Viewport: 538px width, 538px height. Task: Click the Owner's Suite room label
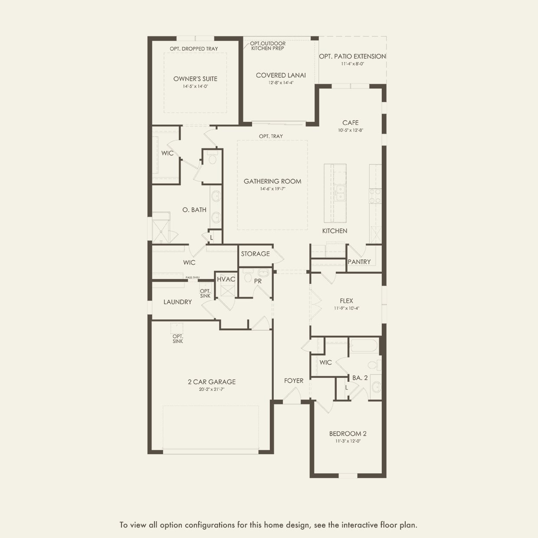(x=195, y=79)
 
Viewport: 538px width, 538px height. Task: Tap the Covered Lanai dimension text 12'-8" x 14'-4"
(x=281, y=82)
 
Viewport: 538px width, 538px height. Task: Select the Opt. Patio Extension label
(x=352, y=56)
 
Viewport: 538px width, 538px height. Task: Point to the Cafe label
(x=351, y=122)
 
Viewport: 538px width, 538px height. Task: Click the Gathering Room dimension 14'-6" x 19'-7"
(x=272, y=189)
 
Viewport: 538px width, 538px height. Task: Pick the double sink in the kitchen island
(x=340, y=193)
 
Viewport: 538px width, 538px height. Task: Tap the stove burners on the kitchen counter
(x=375, y=196)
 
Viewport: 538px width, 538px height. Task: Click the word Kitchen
(x=335, y=231)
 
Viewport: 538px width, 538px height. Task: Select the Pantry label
(x=359, y=262)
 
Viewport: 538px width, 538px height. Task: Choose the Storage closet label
(x=256, y=254)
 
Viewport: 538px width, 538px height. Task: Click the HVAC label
(x=226, y=279)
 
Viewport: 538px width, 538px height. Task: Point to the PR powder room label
(x=258, y=282)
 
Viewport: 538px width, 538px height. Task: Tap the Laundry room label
(x=177, y=302)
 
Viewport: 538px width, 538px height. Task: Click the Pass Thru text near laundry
(x=193, y=278)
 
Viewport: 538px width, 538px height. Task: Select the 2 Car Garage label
(x=212, y=382)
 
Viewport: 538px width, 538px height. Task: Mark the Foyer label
(x=294, y=381)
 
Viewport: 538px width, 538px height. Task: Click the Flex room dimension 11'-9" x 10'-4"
(x=347, y=308)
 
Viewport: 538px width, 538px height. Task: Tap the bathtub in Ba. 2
(x=364, y=346)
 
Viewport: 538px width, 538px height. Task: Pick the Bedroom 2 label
(x=348, y=433)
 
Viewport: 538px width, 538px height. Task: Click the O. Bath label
(x=194, y=210)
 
